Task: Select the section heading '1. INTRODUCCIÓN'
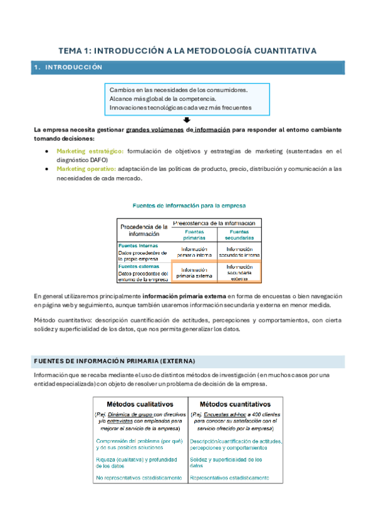click(69, 67)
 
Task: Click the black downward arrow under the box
click(187, 120)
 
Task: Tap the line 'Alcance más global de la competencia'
click(162, 98)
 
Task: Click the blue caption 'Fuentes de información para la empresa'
click(189, 205)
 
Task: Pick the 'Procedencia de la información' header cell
click(144, 230)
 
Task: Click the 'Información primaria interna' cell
click(194, 252)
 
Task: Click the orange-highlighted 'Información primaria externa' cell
click(194, 271)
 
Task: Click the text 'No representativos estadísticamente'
click(139, 478)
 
